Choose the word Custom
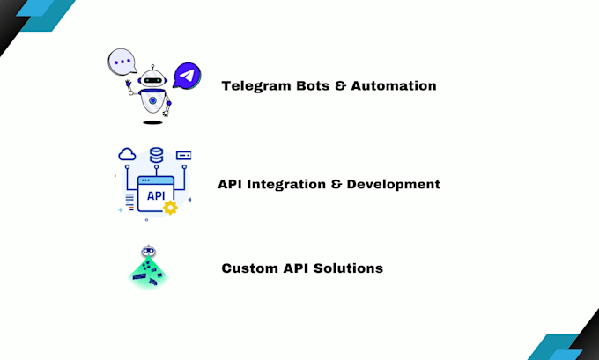(x=250, y=268)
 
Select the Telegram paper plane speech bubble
(x=186, y=76)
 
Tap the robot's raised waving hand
(x=129, y=85)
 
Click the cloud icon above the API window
(x=128, y=155)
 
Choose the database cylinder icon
(x=156, y=155)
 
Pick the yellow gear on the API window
(x=170, y=208)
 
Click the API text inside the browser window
(x=155, y=195)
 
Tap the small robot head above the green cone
(x=147, y=253)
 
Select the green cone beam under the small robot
(x=147, y=275)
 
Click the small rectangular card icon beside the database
(x=183, y=155)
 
